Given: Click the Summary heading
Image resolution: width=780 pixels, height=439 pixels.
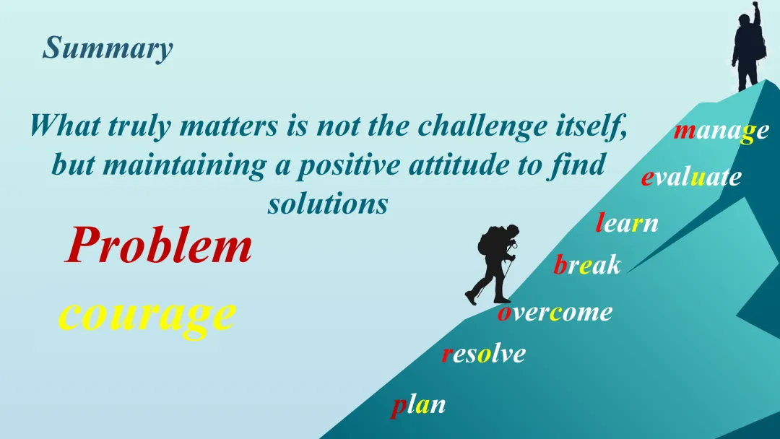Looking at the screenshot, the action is pos(108,48).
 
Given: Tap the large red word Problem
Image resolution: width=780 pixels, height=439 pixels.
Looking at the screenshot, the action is pos(159,245).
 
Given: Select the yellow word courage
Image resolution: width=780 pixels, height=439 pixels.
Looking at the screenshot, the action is pos(147,316).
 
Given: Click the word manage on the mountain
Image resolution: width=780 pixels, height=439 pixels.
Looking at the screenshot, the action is pos(721,131).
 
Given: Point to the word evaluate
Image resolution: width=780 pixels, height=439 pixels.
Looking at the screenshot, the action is pos(691,176).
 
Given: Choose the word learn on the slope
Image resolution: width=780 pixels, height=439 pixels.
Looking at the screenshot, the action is pos(628,222).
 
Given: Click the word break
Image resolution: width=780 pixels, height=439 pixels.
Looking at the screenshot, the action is pos(587,264).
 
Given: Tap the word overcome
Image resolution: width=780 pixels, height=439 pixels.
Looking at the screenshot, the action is pos(555,313).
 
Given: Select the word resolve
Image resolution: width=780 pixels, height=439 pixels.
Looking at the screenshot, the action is pos(483,354).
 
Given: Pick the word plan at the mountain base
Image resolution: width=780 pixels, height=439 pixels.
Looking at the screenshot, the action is pos(418,406).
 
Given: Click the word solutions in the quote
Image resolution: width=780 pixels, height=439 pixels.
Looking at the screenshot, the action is pos(328,204).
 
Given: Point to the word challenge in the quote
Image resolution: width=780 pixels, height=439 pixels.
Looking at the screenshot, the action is pos(482,126).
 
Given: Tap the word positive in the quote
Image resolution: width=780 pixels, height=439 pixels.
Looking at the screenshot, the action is pos(348,166).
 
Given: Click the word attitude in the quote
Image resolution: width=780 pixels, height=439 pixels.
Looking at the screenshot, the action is pos(459,165).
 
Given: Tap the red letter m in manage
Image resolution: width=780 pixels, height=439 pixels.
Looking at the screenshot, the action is pos(685,131).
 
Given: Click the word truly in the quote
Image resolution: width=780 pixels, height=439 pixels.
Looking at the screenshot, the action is pos(140,126).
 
